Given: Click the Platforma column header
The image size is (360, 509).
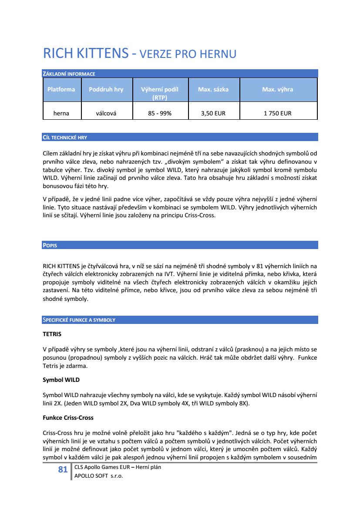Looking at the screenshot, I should coord(61,89).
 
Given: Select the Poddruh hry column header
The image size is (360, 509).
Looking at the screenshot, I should coord(106,89).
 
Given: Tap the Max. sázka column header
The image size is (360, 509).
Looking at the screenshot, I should coord(213,89).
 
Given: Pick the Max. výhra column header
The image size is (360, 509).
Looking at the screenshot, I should coord(277,89).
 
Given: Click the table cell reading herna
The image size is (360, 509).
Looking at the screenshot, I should coord(61,113).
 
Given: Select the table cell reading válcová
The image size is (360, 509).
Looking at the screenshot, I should coord(108,113).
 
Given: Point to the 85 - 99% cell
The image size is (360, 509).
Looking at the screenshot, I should coord(160,113).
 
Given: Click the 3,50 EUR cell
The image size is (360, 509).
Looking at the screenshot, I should coord(213,113).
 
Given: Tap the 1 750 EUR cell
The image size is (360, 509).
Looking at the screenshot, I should coord(277,113).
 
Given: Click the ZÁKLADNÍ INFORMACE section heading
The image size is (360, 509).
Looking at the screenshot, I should coord(69,74).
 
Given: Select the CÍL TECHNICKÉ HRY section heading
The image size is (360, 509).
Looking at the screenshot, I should coord(65,137).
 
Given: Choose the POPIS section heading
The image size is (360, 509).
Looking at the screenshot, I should coord(50,245).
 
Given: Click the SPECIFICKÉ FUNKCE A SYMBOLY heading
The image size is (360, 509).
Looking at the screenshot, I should coord(79,320).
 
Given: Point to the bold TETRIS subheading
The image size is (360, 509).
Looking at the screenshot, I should coord(52,334).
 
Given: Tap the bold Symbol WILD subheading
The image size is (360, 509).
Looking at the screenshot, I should coord(61,380).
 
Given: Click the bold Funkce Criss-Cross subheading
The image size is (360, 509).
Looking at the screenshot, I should coord(68,418).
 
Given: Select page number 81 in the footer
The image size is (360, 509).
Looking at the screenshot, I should coord(63,469).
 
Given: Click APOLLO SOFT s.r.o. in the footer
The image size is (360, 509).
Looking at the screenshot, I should coord(99,476).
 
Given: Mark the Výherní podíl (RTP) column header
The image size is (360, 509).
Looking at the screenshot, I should coord(160,93).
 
